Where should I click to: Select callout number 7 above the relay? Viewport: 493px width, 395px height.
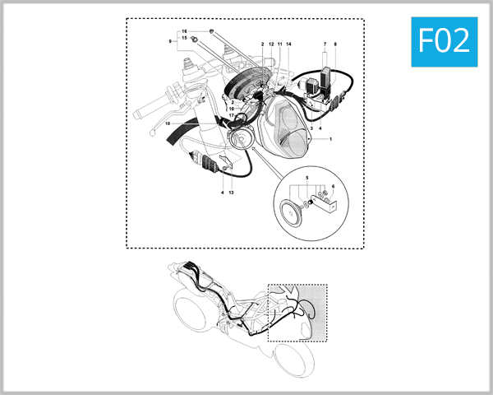point(325,43)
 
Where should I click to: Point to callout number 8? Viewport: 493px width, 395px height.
point(335,43)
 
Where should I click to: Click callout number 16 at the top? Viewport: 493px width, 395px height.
point(185,31)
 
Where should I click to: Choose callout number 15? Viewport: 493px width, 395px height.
point(185,39)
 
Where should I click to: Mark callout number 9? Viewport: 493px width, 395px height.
point(171,40)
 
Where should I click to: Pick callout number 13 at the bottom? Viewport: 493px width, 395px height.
point(233,193)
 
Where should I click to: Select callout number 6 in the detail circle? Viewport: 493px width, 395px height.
point(334,186)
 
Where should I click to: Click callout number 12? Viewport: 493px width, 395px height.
point(271,43)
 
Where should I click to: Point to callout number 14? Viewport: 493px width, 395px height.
point(288,43)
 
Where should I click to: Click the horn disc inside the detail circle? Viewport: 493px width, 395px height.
point(290,213)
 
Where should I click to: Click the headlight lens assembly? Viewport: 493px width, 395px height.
point(287,128)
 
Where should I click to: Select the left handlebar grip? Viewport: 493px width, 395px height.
point(157,108)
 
